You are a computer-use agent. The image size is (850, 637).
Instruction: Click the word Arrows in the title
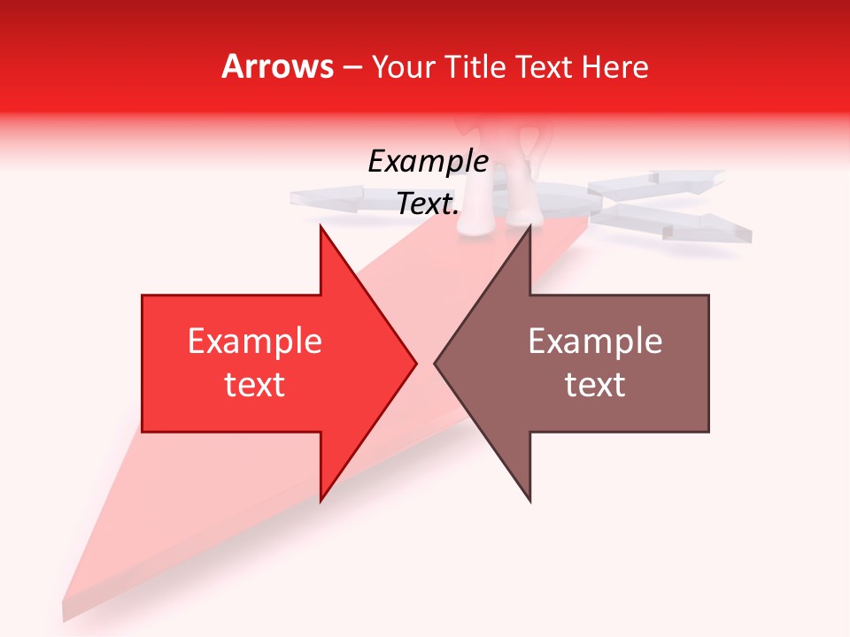click(277, 66)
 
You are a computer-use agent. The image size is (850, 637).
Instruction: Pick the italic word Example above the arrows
click(428, 161)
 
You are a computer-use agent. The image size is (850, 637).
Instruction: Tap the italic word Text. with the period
click(428, 203)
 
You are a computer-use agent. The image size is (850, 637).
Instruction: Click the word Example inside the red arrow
click(254, 341)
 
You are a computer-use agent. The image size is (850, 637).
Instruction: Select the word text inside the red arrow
click(254, 384)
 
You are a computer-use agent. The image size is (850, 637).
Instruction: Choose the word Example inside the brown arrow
click(595, 341)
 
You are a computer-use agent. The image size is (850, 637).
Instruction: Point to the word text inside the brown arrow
click(595, 384)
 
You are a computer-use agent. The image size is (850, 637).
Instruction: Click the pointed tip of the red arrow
click(414, 363)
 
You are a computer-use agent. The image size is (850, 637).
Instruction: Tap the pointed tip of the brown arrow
click(437, 363)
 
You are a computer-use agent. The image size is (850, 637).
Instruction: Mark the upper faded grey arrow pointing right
click(660, 184)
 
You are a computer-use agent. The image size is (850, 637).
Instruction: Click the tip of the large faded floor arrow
click(66, 610)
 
